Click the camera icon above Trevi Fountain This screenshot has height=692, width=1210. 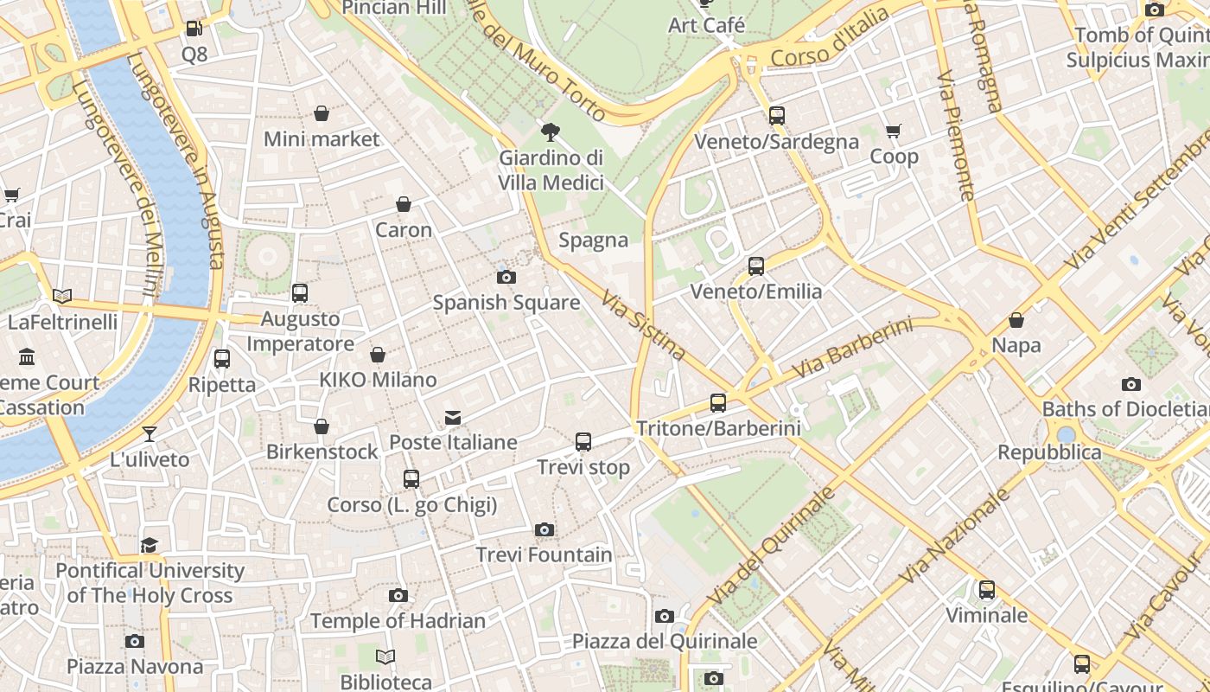click(544, 529)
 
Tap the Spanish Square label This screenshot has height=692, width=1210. click(506, 303)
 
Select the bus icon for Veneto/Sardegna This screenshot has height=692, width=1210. click(776, 116)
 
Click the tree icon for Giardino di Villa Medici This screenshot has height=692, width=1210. click(550, 132)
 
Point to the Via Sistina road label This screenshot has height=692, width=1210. click(644, 325)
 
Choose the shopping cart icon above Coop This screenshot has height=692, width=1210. click(893, 131)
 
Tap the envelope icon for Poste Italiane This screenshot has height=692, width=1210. click(452, 418)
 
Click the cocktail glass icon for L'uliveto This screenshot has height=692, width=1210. click(150, 433)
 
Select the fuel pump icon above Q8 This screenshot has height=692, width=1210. click(194, 29)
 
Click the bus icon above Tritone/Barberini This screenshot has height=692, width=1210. click(717, 402)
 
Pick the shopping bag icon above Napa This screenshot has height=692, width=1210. click(1016, 320)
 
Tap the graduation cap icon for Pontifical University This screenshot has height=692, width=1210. click(150, 545)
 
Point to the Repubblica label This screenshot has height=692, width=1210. click(1049, 452)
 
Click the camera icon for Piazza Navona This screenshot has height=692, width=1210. click(134, 641)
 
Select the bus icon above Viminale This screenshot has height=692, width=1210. click(986, 590)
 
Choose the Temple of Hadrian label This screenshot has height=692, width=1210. click(398, 621)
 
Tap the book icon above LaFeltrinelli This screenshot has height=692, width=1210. click(61, 297)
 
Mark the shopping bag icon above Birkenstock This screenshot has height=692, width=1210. click(322, 426)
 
